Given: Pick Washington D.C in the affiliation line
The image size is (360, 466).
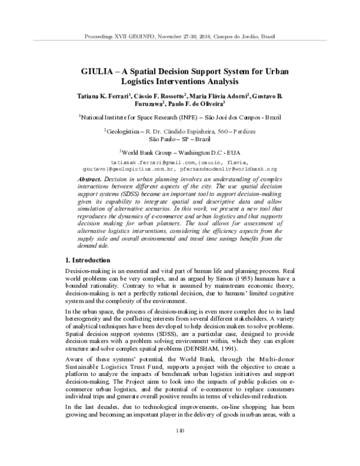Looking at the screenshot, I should point(204,153).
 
